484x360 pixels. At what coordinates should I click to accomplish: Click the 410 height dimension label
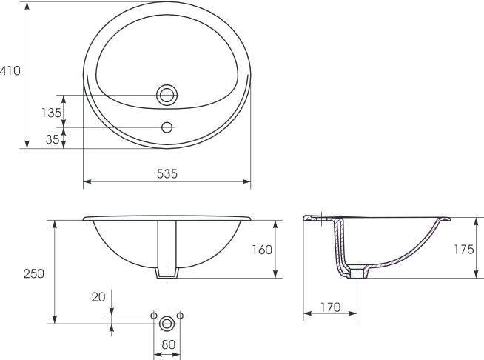10,71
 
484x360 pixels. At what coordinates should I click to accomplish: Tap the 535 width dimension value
167,173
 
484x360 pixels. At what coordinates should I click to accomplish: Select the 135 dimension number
52,113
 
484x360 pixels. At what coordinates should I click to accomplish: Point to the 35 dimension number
52,140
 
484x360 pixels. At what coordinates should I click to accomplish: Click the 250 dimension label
34,273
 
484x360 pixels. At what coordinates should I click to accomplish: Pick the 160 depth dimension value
262,250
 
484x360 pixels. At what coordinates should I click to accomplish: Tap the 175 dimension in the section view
463,249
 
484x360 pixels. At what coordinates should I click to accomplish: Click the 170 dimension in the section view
330,307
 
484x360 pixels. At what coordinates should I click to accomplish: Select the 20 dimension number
98,297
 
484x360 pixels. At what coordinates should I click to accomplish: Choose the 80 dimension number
168,344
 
